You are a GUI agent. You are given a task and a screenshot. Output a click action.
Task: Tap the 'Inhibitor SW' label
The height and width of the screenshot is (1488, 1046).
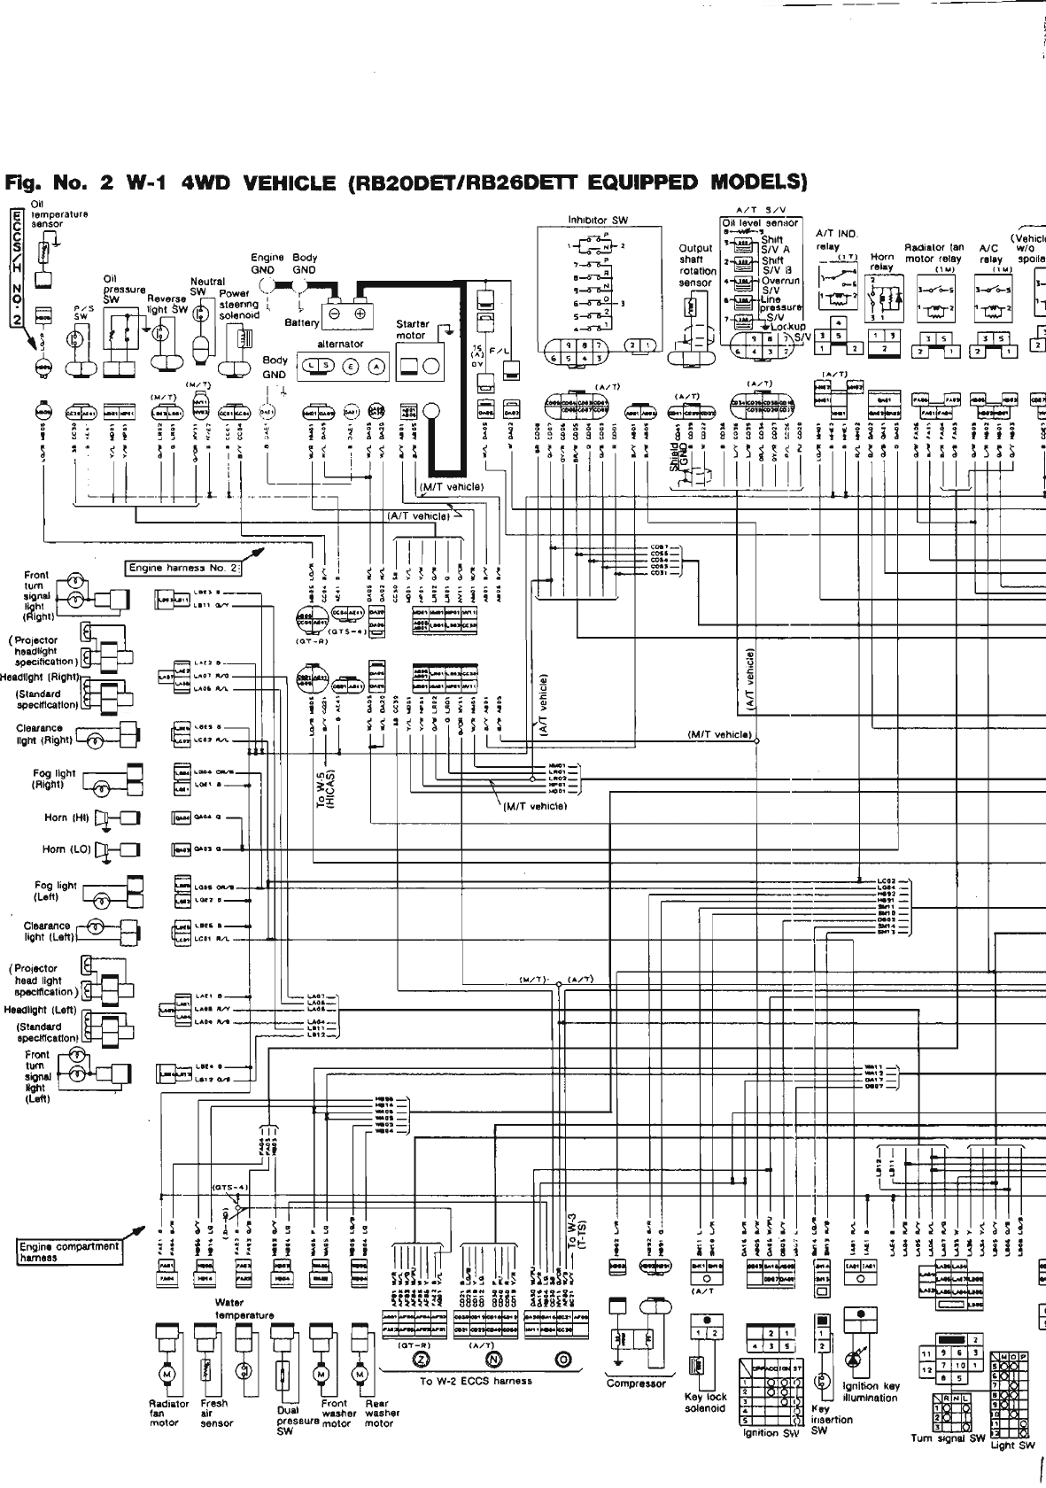598,220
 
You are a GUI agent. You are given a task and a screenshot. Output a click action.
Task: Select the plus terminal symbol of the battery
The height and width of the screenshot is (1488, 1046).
360,314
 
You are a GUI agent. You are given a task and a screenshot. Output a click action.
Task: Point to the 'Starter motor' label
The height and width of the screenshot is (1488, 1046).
413,329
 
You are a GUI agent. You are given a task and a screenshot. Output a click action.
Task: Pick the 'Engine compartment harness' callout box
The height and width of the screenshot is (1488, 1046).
69,1251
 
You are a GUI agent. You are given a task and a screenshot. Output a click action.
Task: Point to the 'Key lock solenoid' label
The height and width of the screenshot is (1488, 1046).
705,1402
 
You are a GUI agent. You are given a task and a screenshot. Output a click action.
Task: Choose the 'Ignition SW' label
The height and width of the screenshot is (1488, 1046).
760,1432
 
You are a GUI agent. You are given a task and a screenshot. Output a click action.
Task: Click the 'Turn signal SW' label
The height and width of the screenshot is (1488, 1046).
948,1438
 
